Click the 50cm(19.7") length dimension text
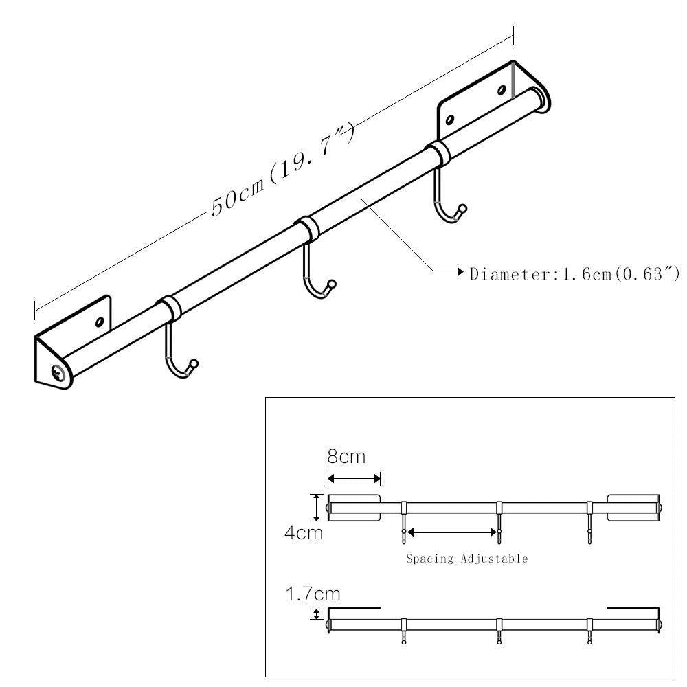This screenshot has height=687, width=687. coord(282,171)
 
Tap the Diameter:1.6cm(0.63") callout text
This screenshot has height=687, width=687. coord(574,274)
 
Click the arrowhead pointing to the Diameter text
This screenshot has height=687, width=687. coord(460,271)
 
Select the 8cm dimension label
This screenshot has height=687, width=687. coord(346,457)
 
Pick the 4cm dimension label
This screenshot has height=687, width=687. coord(304,533)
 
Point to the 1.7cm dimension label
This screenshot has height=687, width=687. coord(313,594)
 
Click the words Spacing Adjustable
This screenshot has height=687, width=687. coord(466,559)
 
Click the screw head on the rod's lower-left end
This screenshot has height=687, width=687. coord(58,372)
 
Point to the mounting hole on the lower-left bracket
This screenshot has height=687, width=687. coord(100,322)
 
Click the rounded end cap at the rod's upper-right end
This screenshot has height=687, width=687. coord(542,100)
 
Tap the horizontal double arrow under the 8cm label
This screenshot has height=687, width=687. coord(354,478)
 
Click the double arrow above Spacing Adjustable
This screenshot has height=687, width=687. coord(452,532)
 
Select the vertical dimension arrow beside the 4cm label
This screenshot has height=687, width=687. coord(316,508)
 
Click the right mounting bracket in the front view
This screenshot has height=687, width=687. coord(633,508)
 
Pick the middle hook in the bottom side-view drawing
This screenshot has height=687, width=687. coord(499,631)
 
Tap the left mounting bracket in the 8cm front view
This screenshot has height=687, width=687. coord(354,508)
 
